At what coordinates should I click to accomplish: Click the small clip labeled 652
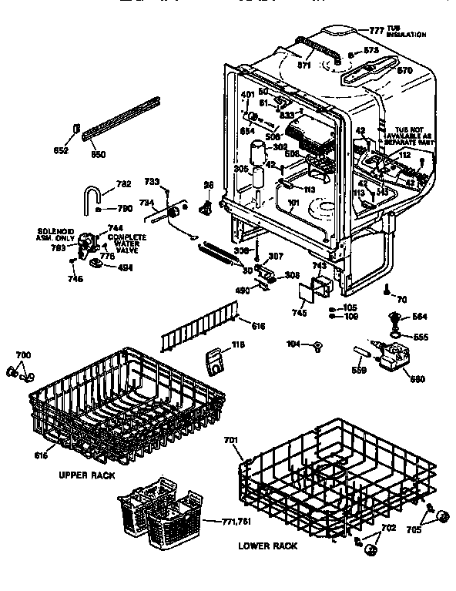coord(77,126)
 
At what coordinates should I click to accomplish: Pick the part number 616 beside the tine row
coord(258,327)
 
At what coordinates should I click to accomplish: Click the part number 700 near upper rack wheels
coord(22,354)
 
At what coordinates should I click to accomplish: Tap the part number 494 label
coord(126,267)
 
